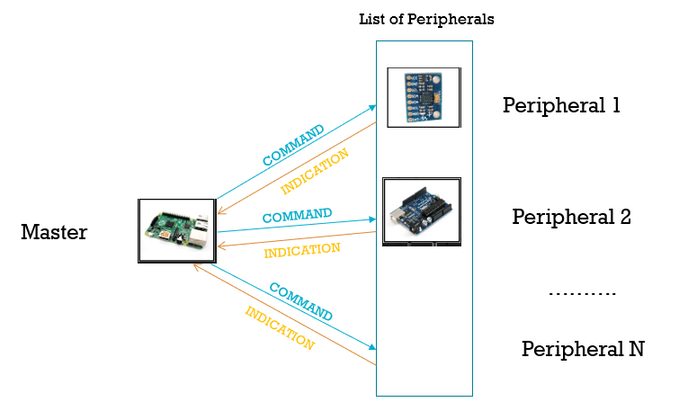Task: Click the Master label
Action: coord(54,233)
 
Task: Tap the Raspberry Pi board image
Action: coord(177,230)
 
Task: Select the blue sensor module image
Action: coord(424,97)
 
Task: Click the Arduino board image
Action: coord(421,212)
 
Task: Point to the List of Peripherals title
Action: coord(426,19)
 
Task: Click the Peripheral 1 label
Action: coord(561,105)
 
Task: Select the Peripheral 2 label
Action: coord(571,217)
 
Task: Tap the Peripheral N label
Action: coord(582,349)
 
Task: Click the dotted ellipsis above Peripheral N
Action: coord(582,294)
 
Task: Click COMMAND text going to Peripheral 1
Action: coord(293,145)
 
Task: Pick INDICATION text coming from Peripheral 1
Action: coord(315,172)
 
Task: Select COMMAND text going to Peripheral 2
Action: coord(297,216)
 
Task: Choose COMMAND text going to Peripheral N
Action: coord(301,302)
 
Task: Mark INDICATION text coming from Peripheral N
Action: coord(280,328)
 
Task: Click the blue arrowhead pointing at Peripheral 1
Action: coord(372,107)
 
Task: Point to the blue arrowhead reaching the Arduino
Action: coord(371,219)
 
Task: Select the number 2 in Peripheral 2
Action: coord(625,217)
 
